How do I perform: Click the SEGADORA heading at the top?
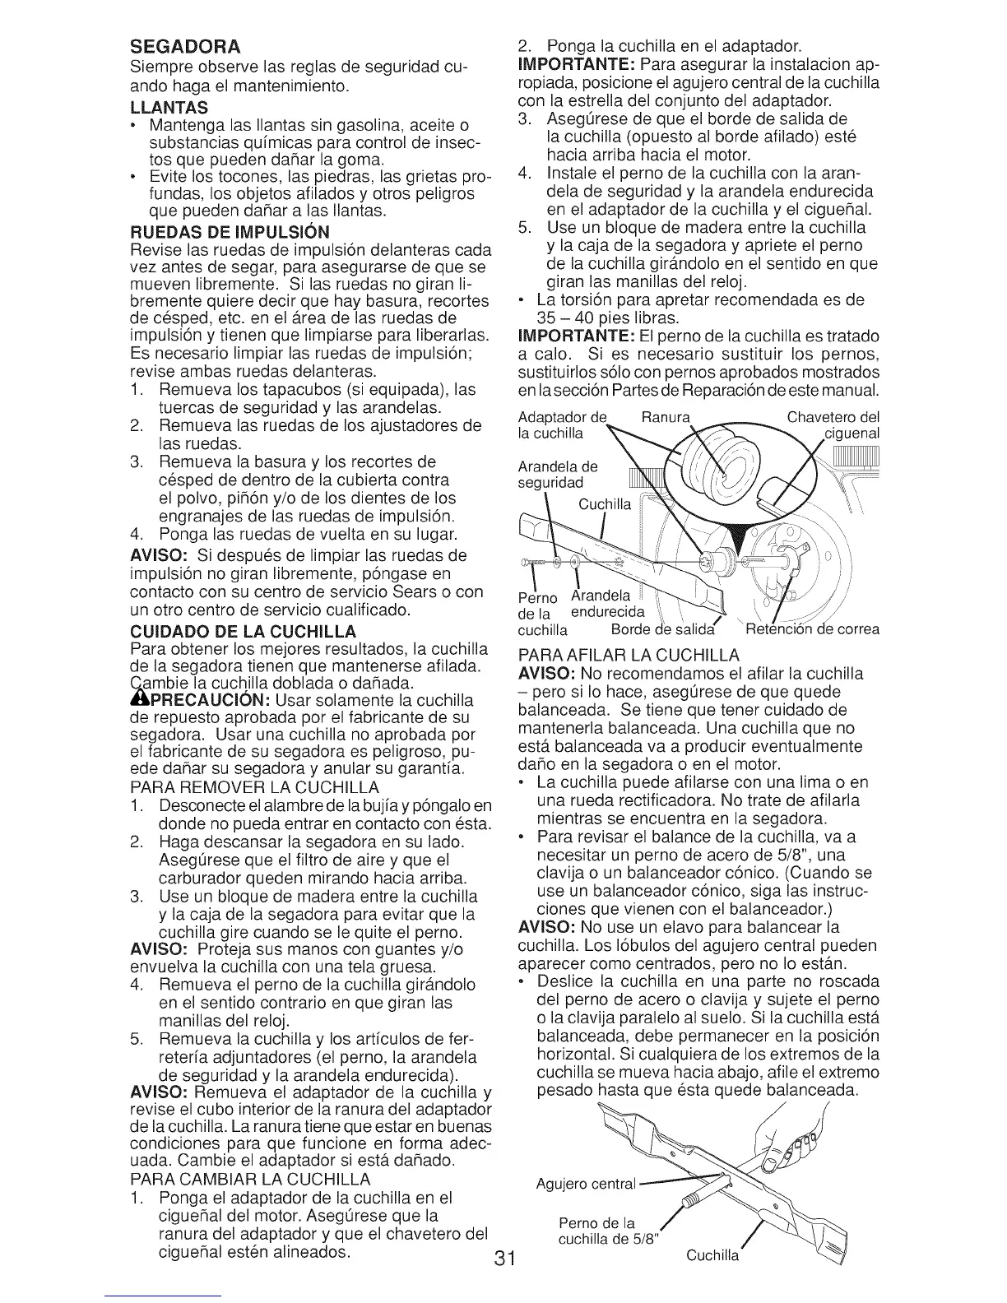point(185,43)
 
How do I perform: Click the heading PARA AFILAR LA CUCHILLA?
point(629,655)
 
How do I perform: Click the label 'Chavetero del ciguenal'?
point(833,424)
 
